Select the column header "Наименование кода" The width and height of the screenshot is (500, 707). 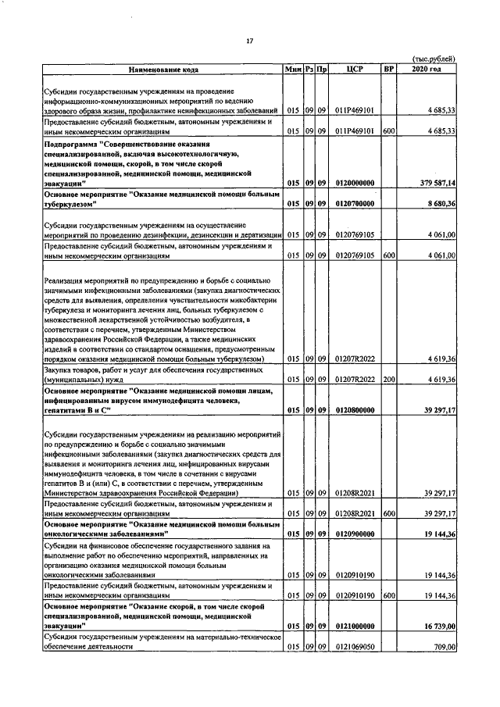click(164, 70)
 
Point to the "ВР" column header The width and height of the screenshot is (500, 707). click(388, 70)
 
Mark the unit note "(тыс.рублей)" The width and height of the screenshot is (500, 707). click(434, 59)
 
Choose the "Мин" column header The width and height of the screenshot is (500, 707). click(293, 70)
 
